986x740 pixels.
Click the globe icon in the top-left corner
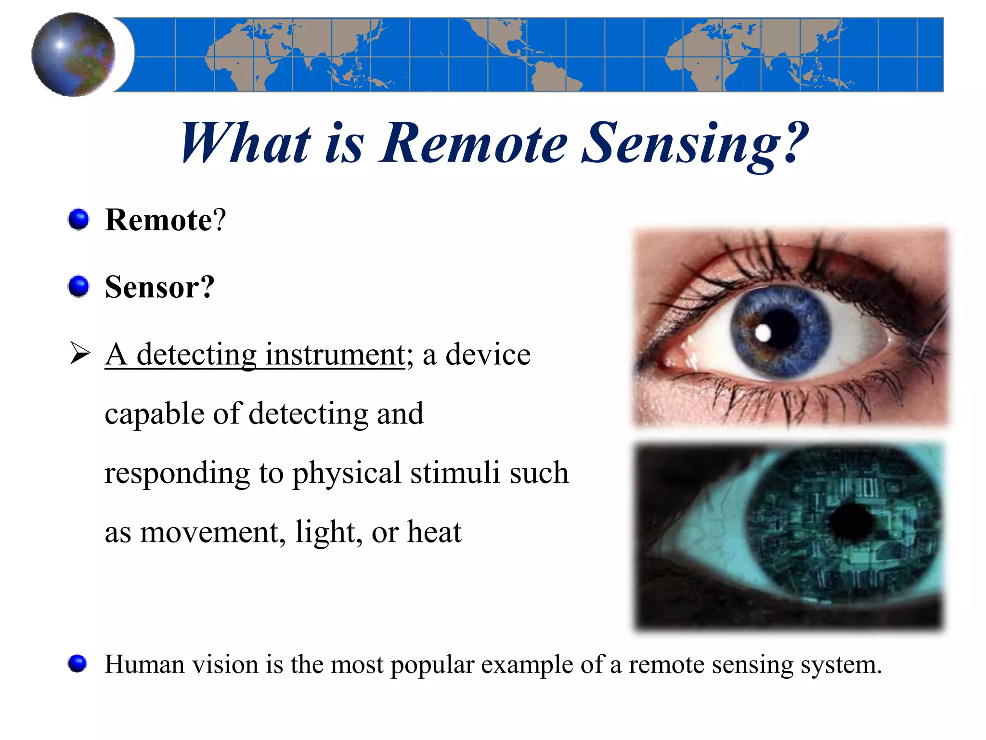pyautogui.click(x=73, y=54)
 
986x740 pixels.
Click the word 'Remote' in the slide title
pyautogui.click(x=474, y=144)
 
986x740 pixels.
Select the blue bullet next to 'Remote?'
pyautogui.click(x=78, y=220)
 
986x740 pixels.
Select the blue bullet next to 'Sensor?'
pyautogui.click(x=78, y=287)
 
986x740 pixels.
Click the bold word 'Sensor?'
pyautogui.click(x=159, y=287)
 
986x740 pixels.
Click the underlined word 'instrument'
pyautogui.click(x=335, y=355)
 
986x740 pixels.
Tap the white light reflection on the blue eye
pyautogui.click(x=763, y=332)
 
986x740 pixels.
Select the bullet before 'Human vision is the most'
pyautogui.click(x=78, y=663)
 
